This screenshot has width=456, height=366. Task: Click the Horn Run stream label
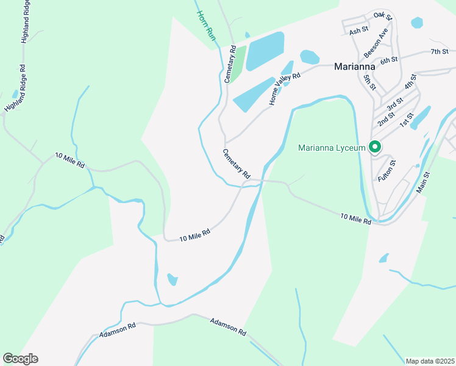click(207, 26)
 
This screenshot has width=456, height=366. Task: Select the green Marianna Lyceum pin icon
click(375, 147)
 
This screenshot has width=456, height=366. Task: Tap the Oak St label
click(382, 15)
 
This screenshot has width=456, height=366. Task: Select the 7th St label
click(439, 52)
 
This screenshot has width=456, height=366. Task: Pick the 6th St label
click(389, 60)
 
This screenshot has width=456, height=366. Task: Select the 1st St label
click(407, 120)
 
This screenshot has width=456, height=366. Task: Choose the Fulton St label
click(387, 170)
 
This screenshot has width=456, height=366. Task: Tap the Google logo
click(20, 359)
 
